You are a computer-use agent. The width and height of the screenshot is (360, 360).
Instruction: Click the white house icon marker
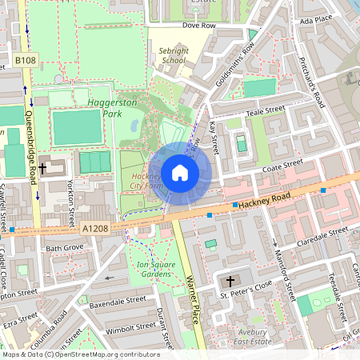pos(180,173)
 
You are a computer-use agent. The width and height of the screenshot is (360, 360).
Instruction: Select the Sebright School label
pos(173,54)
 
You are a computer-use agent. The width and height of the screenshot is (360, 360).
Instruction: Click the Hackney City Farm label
pos(146,181)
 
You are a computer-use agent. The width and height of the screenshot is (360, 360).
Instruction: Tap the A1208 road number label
pos(94,229)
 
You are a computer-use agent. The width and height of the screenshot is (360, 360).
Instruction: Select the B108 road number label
pos(25,60)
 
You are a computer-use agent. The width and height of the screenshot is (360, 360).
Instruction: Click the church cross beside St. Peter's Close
pos(230,282)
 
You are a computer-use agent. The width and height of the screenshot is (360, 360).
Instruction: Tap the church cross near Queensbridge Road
pos(53,168)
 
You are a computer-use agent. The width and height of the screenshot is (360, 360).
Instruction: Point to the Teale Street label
pos(266,111)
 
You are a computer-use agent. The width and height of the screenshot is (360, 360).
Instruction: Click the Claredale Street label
pos(322,232)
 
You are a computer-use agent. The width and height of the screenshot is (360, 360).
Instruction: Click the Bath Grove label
pos(64,249)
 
